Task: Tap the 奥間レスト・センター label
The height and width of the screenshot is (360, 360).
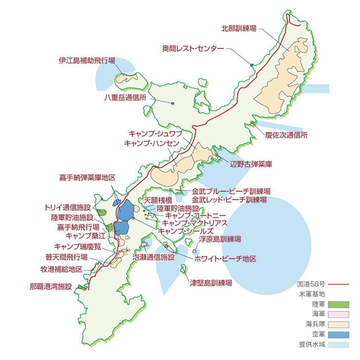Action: click(193, 48)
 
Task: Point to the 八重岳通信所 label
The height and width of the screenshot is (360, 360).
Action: click(125, 98)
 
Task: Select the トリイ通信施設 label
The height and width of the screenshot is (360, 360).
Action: click(68, 207)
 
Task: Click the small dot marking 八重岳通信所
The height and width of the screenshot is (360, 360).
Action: click(173, 103)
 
